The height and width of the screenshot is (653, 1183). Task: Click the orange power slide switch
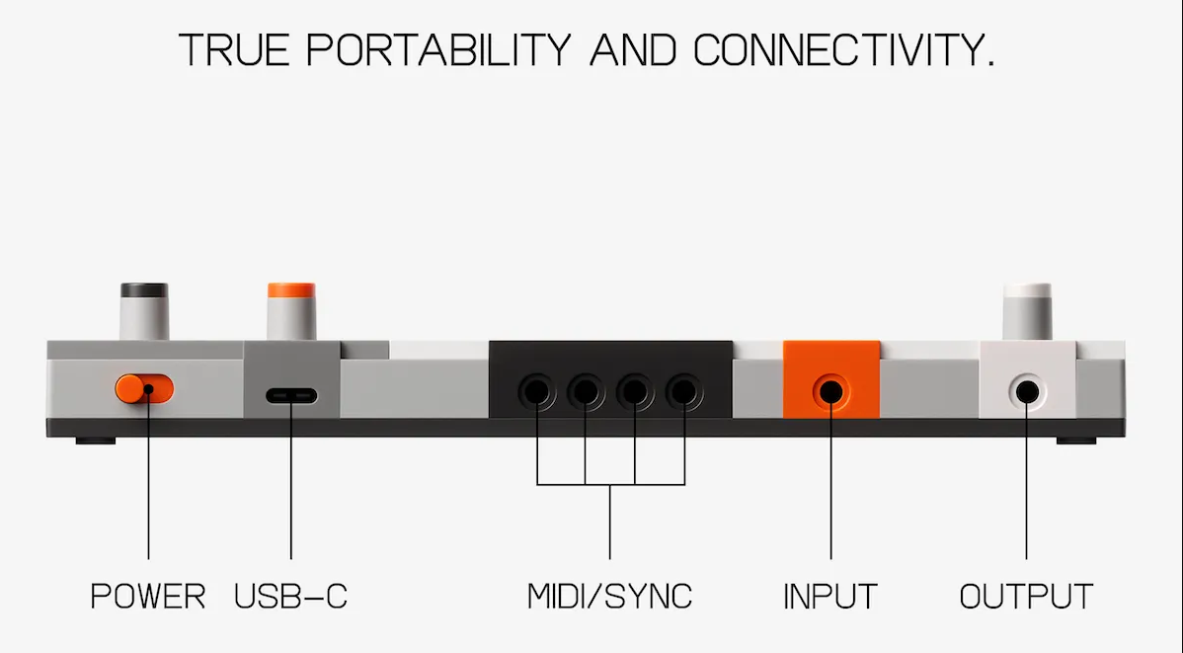[144, 389]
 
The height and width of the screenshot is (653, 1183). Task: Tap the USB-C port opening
[291, 395]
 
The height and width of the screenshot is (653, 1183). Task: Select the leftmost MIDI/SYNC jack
[535, 392]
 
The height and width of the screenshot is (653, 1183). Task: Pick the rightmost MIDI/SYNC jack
[683, 392]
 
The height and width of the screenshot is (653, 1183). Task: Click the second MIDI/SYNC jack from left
[585, 392]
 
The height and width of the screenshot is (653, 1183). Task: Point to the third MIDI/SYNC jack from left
[635, 392]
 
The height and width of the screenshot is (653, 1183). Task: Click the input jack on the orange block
[830, 392]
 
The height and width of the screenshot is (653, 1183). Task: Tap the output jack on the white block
[1026, 392]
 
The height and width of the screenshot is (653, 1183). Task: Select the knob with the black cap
[144, 311]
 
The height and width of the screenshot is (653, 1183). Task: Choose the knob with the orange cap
[291, 311]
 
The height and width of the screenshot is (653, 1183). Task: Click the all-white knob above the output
[1027, 312]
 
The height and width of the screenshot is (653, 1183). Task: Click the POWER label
[148, 597]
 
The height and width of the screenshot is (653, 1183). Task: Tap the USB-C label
[290, 597]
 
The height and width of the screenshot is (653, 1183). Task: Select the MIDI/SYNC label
[609, 597]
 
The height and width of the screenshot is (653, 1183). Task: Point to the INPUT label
[830, 597]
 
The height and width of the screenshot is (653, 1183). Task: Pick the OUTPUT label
[1026, 597]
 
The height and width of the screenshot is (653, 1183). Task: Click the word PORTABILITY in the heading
[439, 50]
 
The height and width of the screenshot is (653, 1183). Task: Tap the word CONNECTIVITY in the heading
[843, 50]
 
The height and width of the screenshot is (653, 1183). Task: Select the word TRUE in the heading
[234, 50]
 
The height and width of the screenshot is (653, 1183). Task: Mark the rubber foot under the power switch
[96, 441]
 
